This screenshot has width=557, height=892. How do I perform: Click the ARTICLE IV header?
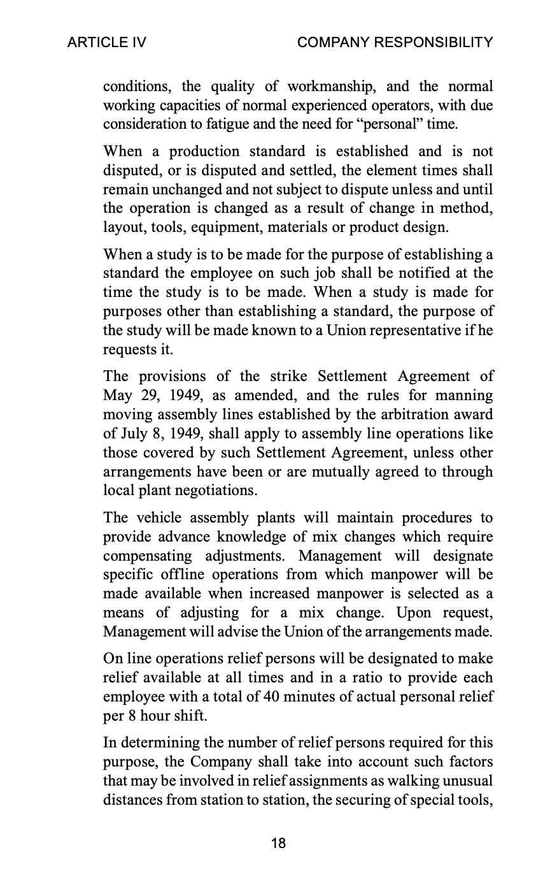point(107,43)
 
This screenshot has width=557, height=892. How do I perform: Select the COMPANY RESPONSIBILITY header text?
point(395,43)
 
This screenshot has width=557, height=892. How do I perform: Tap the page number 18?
point(278,844)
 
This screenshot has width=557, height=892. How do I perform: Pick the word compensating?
point(145,556)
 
